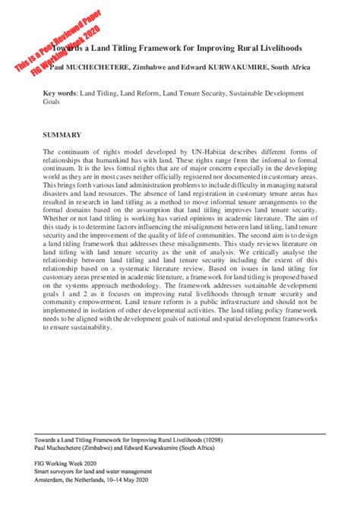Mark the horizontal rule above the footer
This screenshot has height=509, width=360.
pos(180,433)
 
